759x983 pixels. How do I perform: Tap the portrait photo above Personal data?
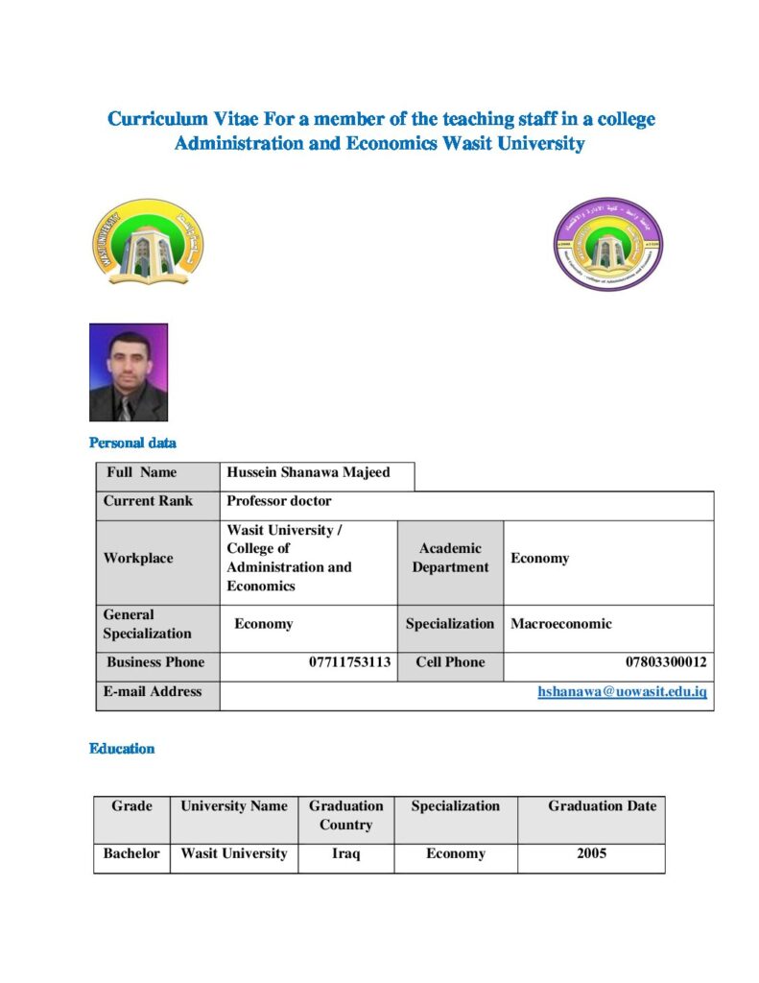[129, 372]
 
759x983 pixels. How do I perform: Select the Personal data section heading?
[132, 443]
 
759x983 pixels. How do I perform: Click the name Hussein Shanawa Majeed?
[308, 472]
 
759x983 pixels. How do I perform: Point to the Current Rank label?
[148, 501]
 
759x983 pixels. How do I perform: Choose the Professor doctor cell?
[279, 501]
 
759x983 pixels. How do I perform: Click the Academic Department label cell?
[450, 558]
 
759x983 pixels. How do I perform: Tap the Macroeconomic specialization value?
[560, 624]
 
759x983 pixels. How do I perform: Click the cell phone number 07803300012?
[667, 662]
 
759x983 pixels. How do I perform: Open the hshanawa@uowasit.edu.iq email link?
[622, 691]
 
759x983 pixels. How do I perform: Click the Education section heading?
[122, 749]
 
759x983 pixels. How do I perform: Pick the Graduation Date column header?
[602, 806]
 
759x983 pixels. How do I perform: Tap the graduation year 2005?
[591, 853]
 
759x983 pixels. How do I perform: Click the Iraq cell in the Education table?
[345, 853]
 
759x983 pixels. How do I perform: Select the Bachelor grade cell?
[131, 853]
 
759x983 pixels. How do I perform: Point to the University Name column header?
[234, 806]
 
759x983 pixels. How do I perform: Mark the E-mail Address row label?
[153, 691]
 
